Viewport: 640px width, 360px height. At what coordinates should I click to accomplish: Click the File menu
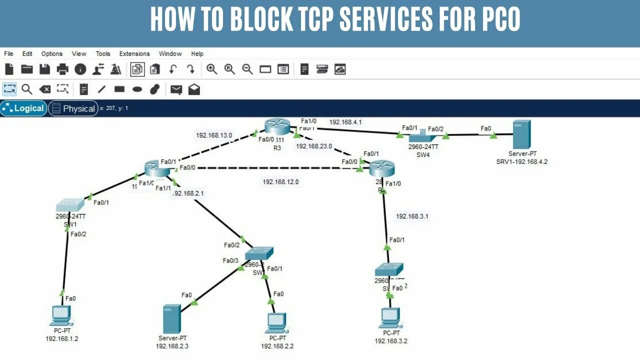point(8,54)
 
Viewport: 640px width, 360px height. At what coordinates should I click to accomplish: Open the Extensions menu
point(134,54)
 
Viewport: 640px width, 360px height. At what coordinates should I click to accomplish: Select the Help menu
point(197,54)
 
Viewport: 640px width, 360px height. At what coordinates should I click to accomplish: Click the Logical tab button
point(23,108)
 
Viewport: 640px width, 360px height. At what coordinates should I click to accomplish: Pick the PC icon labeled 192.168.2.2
point(276,323)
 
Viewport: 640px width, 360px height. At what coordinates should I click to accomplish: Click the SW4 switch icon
point(422,136)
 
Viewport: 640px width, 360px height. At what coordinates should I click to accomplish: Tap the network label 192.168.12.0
point(280,182)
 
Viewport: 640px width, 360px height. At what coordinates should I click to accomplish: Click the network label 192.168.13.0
point(214,135)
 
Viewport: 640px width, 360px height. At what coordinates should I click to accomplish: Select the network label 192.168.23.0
point(314,146)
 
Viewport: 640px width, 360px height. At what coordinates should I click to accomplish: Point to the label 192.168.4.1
point(345,122)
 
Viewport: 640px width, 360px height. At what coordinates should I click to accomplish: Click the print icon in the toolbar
point(62,69)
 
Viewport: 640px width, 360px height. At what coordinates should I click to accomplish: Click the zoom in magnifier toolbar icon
point(212,69)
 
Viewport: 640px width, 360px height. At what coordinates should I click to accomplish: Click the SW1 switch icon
point(70,205)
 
